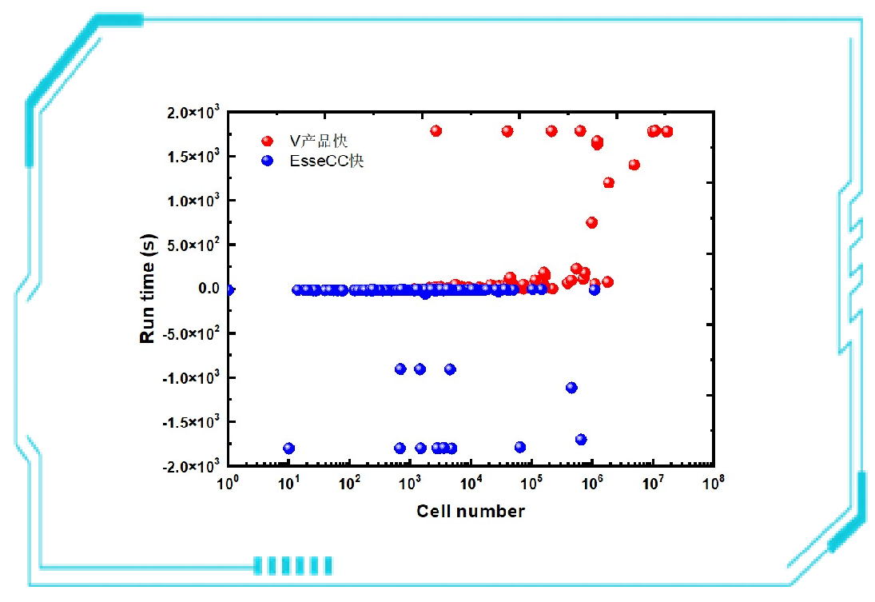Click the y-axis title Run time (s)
click(149, 289)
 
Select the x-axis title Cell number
click(471, 511)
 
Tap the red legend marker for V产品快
click(267, 142)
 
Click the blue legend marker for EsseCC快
click(267, 161)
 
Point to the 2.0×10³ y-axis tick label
click(193, 113)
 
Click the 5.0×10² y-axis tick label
click(193, 245)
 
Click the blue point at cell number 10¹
click(289, 449)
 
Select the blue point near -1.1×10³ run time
click(571, 388)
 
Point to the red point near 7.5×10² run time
click(591, 222)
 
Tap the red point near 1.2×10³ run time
click(609, 182)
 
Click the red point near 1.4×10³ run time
click(634, 165)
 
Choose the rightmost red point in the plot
click(667, 132)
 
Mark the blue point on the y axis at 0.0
click(229, 289)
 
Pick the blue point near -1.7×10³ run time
click(581, 440)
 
